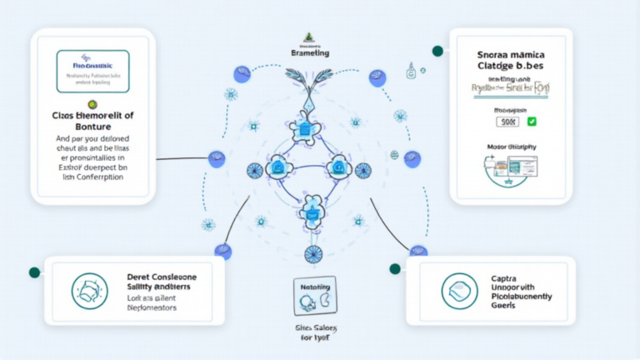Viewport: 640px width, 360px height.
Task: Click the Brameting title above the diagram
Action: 310,52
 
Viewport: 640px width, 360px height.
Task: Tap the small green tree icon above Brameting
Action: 310,37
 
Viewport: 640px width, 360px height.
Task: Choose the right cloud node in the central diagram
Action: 339,167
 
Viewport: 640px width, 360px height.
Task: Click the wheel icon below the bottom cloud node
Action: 312,253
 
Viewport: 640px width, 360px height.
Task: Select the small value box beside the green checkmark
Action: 507,122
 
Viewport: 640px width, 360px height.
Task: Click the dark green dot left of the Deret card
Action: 35,272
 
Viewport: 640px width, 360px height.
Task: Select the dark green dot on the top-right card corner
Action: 437,52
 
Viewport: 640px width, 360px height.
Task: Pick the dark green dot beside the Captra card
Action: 395,268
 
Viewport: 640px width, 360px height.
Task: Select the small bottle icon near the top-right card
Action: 411,73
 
